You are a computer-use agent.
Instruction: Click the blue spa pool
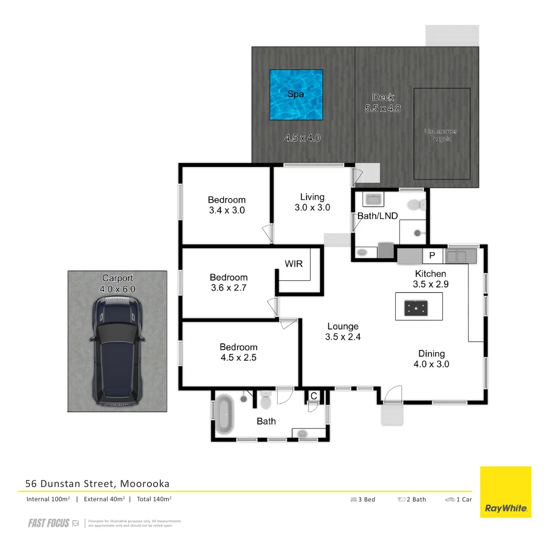click(296, 95)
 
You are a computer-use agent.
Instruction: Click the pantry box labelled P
click(432, 256)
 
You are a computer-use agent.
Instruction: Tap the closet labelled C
click(313, 396)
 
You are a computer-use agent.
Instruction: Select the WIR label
click(293, 264)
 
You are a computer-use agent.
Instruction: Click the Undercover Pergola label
click(440, 135)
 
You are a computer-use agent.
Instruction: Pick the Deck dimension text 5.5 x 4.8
click(383, 108)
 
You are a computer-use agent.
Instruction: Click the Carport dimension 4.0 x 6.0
click(118, 289)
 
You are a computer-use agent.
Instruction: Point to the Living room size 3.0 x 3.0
click(312, 208)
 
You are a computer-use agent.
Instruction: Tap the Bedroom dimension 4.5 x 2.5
click(238, 358)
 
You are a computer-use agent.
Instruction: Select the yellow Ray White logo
click(505, 492)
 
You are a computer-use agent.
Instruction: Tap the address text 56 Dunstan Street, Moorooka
click(97, 483)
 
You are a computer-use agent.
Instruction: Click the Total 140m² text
click(154, 499)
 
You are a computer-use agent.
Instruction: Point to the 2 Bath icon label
click(412, 499)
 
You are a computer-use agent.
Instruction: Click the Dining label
click(431, 354)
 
